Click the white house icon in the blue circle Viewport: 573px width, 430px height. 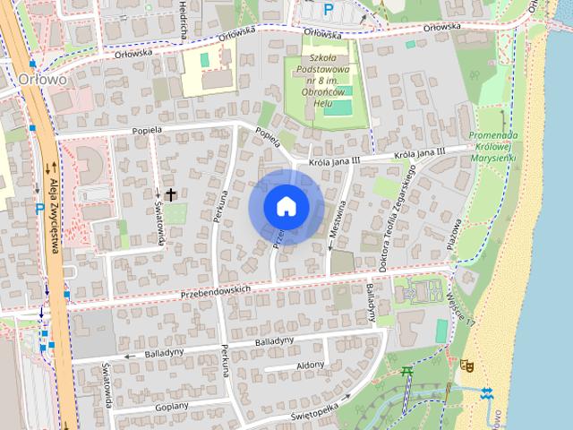click(286, 206)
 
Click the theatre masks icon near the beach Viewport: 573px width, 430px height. click(466, 365)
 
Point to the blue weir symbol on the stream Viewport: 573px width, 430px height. click(486, 394)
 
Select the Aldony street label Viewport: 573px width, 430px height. click(310, 365)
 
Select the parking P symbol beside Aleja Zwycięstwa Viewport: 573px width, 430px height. click(39, 208)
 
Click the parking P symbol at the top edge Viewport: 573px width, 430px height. click(329, 8)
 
